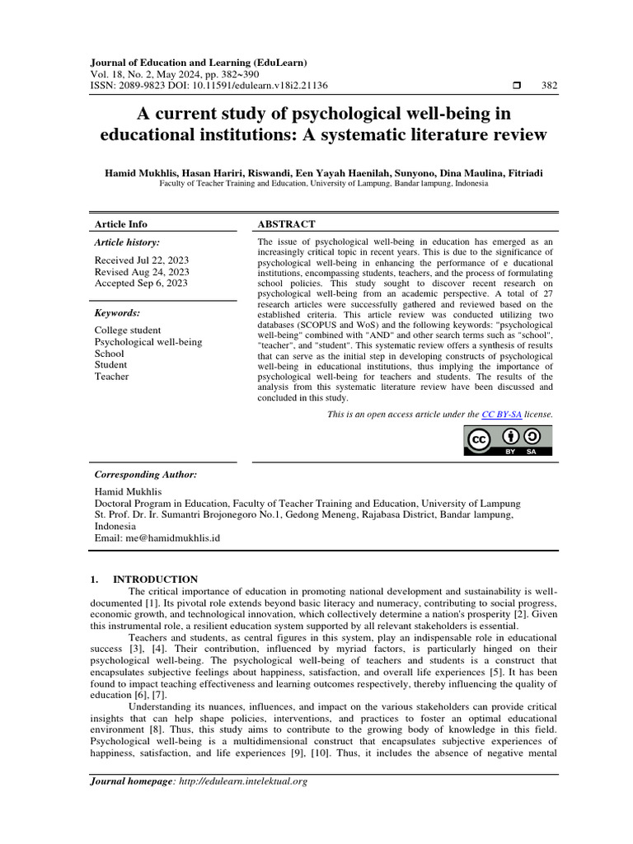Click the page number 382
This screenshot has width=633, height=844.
click(549, 86)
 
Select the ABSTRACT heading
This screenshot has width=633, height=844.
click(286, 224)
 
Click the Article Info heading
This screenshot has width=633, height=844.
click(121, 224)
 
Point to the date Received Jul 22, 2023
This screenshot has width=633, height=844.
click(142, 259)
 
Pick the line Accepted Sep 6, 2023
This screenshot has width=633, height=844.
click(141, 283)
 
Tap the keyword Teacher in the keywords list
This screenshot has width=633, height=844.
click(112, 377)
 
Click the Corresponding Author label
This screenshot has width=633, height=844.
click(146, 475)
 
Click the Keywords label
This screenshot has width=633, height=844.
click(118, 313)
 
